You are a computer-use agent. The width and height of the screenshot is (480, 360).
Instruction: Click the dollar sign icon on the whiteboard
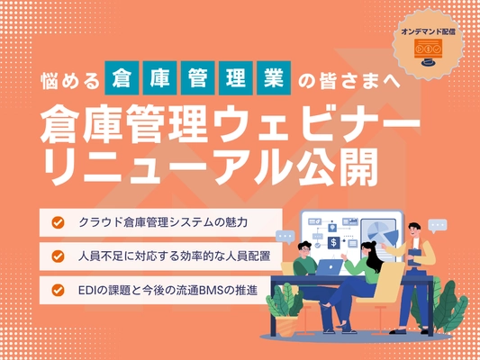pos(334,242)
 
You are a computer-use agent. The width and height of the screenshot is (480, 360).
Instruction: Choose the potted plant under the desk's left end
pos(281,301)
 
